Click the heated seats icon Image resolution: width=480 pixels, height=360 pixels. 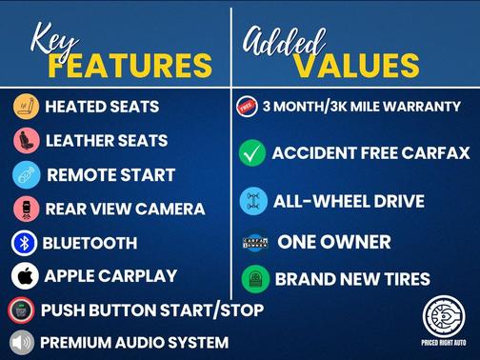25,107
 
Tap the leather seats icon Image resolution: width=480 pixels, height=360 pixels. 25,141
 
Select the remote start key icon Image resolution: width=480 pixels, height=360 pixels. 25,174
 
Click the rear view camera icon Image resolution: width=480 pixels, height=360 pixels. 25,209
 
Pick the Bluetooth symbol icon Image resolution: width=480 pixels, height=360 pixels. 25,243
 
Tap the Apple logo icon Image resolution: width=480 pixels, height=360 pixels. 25,276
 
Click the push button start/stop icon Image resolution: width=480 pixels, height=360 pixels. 21,310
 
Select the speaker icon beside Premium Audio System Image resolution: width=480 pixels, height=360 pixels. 21,342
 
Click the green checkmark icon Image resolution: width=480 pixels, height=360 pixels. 252,153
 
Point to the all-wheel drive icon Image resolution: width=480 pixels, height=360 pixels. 252,201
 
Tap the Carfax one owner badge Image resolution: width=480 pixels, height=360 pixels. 254,242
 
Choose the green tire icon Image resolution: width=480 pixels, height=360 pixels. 254,279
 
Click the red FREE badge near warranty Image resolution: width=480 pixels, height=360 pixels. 247,107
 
